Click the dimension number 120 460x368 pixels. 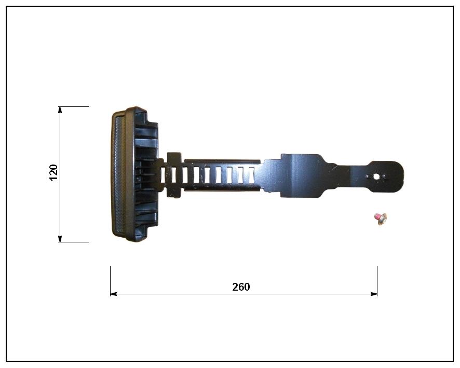pyautogui.click(x=53, y=172)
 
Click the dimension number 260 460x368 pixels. pyautogui.click(x=241, y=287)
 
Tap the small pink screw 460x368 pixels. pyautogui.click(x=381, y=219)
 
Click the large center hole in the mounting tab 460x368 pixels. pyautogui.click(x=376, y=176)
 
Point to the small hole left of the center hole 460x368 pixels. pyautogui.click(x=368, y=176)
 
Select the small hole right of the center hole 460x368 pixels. pyautogui.click(x=384, y=176)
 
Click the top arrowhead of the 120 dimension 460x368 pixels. pyautogui.click(x=60, y=110)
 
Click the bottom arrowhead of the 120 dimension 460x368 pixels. pyautogui.click(x=60, y=239)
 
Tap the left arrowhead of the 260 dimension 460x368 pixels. pyautogui.click(x=114, y=294)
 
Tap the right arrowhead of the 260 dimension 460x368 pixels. pyautogui.click(x=374, y=294)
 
